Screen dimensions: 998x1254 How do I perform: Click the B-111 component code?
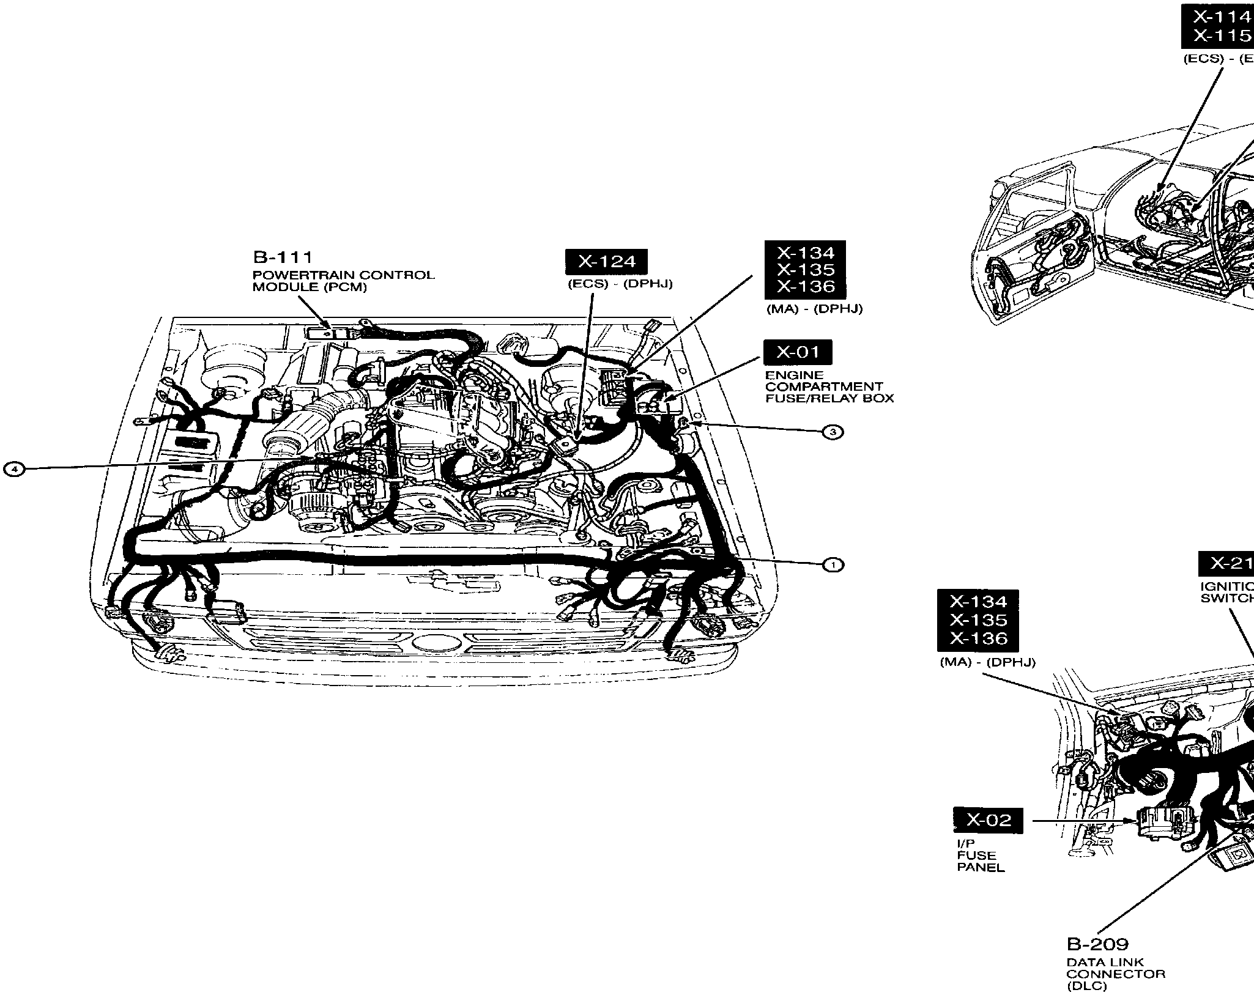283,258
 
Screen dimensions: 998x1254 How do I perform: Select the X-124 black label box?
606,262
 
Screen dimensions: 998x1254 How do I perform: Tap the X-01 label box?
798,352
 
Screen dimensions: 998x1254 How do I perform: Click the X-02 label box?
988,820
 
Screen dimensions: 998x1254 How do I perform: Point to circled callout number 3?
833,432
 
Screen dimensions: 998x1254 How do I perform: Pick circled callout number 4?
14,469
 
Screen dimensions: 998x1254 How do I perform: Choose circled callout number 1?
833,565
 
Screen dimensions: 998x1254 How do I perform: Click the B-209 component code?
1097,944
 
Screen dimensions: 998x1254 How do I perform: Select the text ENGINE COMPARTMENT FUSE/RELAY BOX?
829,386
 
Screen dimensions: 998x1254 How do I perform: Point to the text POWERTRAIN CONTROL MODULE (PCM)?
343,281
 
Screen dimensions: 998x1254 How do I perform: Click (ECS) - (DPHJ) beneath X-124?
620,284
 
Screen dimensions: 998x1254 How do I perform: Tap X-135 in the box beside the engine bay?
806,270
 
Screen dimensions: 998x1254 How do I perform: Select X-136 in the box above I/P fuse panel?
978,638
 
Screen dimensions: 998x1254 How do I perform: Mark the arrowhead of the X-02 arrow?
1133,821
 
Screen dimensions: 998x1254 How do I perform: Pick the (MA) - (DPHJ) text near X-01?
814,309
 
